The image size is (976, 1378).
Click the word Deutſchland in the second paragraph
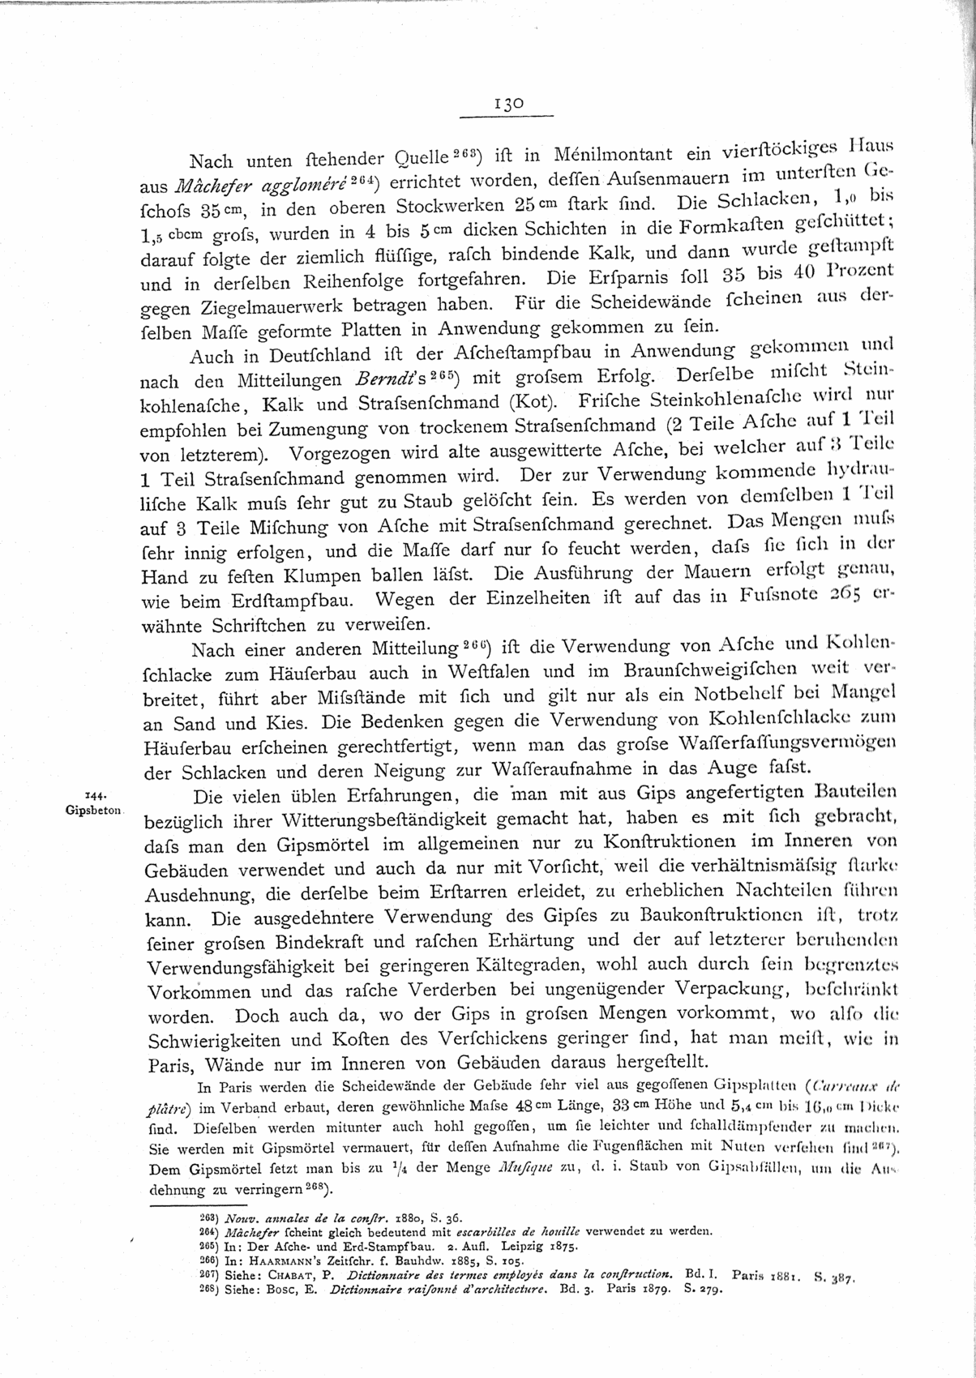[315, 356]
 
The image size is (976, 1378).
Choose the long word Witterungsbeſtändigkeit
[352, 820]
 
